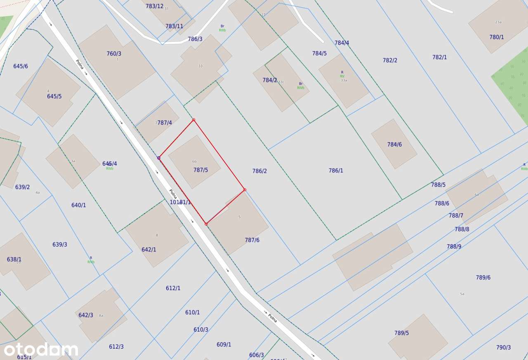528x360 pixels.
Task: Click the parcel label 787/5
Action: (x=200, y=170)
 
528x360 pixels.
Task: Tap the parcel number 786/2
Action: (x=259, y=171)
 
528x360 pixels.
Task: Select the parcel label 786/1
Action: (x=336, y=171)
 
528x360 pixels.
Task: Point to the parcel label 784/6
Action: (x=394, y=144)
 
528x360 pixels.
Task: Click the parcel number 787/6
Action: (x=252, y=240)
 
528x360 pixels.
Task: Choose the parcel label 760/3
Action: (x=114, y=54)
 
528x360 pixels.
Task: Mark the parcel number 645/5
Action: (x=54, y=96)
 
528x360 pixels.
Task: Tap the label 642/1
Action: (x=149, y=250)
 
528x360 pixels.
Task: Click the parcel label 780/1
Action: (x=497, y=37)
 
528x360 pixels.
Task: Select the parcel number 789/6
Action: (x=483, y=277)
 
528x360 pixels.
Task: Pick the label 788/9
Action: (x=454, y=246)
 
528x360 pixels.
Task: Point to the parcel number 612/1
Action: (x=173, y=288)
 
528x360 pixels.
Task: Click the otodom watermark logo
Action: (x=41, y=350)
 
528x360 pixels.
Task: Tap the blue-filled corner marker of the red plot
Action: (x=158, y=158)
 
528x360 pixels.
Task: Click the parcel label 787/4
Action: (x=165, y=123)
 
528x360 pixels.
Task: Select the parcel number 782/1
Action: (x=439, y=57)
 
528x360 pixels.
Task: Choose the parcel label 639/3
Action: (x=60, y=244)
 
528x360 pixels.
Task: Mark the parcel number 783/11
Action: (x=174, y=26)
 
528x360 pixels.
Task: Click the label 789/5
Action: (x=401, y=333)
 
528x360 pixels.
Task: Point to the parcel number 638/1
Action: (x=14, y=259)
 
